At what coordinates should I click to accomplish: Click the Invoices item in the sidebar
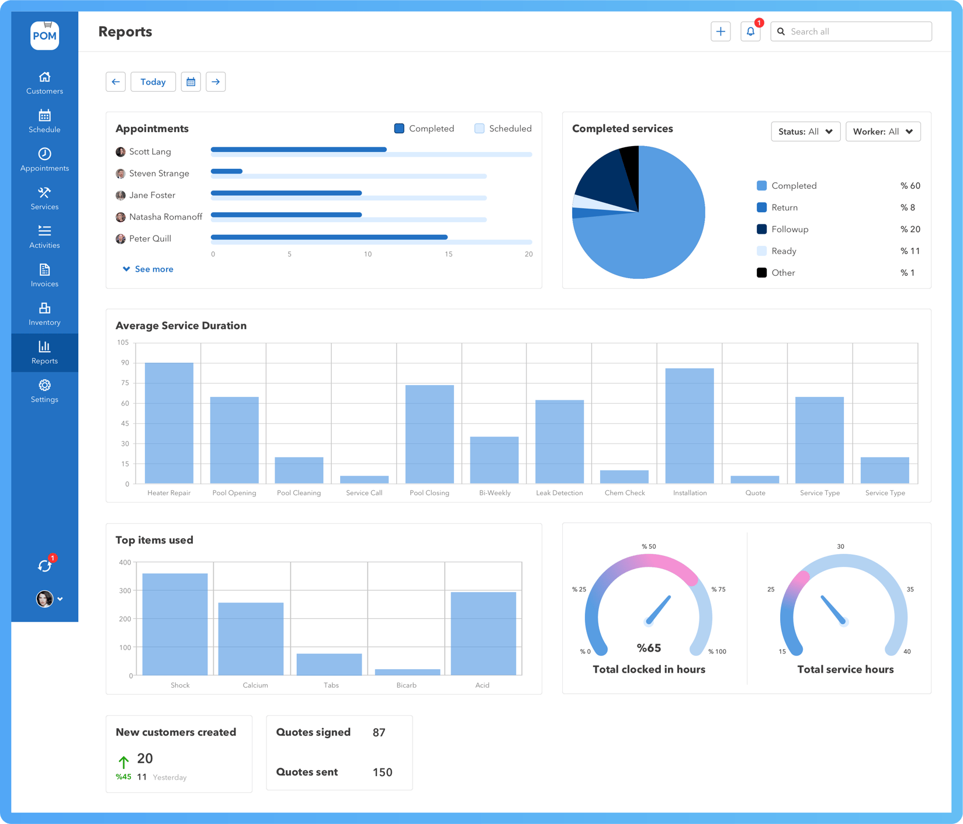44,275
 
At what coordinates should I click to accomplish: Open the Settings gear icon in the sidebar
44,385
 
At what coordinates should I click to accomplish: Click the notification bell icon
750,32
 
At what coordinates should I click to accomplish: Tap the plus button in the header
720,32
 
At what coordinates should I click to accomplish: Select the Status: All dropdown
805,131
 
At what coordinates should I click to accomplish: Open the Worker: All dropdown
882,131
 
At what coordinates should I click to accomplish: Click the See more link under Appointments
148,269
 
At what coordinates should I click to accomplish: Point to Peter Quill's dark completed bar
329,237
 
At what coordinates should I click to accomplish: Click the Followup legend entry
789,229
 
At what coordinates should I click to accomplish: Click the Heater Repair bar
169,423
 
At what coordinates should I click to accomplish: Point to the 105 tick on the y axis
123,342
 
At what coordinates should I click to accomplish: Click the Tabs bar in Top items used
329,664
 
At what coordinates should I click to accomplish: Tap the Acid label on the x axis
482,685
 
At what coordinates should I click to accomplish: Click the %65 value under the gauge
649,648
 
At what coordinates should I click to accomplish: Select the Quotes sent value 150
382,772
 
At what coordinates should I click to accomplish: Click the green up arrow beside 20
123,761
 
